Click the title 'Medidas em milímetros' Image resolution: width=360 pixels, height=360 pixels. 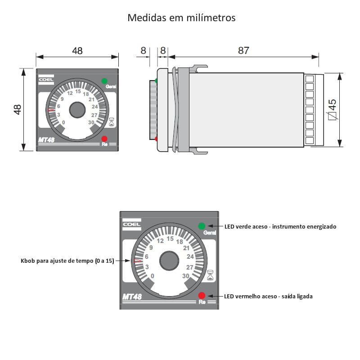click(181, 18)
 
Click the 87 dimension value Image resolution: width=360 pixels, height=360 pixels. click(243, 51)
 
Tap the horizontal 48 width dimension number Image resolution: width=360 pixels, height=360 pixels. click(77, 51)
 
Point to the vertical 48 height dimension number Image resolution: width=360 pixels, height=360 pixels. click(18, 109)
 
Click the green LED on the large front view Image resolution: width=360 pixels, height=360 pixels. click(201, 225)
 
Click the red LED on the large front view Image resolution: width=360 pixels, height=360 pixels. click(201, 295)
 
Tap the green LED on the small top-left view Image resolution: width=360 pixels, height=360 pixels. click(104, 81)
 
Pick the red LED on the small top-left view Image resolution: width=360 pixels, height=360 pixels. click(104, 139)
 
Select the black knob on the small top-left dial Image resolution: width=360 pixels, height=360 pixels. click(77, 109)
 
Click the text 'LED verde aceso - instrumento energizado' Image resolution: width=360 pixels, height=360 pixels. click(280, 226)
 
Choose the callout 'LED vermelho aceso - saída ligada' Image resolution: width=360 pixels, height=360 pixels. click(268, 296)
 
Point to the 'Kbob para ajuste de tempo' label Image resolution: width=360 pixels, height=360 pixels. click(67, 261)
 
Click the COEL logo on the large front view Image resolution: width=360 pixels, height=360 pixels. click(132, 224)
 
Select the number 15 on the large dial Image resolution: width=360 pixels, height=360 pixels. click(170, 239)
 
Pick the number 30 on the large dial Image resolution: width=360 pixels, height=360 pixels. click(185, 276)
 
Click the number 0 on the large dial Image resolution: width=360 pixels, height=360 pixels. click(153, 276)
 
